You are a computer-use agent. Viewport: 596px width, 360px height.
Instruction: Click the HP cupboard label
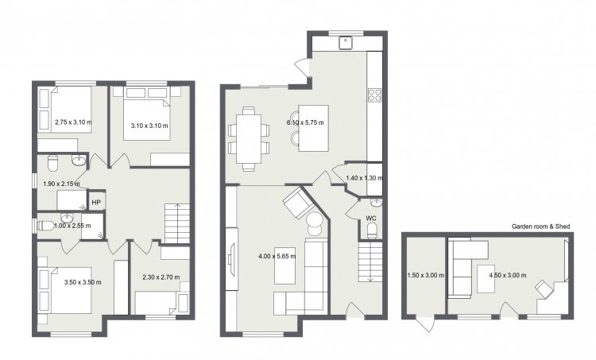96,203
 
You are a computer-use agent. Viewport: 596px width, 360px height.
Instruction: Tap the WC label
371,219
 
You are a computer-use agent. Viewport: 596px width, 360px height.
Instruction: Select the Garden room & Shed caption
540,226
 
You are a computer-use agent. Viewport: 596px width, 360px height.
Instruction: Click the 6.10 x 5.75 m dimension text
305,122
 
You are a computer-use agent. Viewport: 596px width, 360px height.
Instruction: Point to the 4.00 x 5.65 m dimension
277,256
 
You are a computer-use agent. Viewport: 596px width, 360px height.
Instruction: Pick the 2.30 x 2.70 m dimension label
161,277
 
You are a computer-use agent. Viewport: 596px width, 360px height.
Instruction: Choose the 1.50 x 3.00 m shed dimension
426,275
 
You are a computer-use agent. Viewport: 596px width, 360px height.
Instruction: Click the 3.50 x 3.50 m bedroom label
83,282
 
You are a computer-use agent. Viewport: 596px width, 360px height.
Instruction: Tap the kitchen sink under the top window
346,43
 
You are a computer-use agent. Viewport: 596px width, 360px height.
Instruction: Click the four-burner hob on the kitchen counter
374,95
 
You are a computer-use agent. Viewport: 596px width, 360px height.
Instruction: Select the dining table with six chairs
249,139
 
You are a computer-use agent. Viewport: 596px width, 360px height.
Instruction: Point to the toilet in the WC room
372,230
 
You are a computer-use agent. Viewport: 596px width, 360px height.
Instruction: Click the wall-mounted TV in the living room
230,259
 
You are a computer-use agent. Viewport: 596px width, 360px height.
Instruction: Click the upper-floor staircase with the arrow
176,223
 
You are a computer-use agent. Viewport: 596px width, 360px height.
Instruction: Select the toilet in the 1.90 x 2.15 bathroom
52,162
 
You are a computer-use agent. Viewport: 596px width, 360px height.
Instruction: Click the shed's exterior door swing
426,323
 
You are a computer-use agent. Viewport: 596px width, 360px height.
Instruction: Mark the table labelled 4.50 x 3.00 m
486,279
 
